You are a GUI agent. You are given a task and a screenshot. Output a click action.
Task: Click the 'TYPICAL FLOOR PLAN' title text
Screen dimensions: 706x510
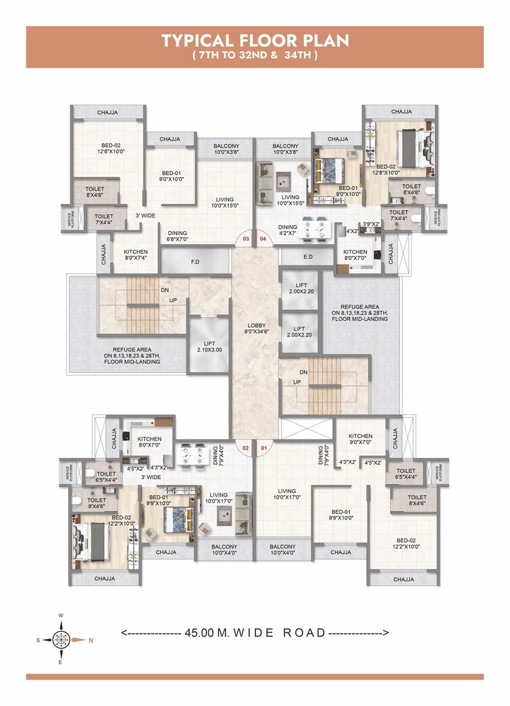[x=255, y=41]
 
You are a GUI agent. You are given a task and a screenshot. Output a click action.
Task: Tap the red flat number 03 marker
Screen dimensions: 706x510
[x=247, y=238]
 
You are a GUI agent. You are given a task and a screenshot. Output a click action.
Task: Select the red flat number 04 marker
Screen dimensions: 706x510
[x=263, y=238]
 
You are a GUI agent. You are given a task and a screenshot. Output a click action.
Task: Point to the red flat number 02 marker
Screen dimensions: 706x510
[x=247, y=447]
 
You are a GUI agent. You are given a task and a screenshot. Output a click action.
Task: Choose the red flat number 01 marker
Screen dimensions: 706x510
[x=263, y=447]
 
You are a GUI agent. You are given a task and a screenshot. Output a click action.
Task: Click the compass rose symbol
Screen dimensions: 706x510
[x=61, y=638]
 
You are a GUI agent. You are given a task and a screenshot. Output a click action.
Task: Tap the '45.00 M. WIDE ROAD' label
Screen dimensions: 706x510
[x=255, y=633]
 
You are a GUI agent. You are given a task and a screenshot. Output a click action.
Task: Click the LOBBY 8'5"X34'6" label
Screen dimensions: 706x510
[x=256, y=328]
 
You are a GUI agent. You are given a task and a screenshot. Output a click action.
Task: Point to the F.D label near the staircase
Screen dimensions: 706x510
[x=195, y=261]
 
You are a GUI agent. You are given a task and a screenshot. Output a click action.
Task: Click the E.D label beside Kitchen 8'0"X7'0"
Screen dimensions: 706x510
[x=309, y=257]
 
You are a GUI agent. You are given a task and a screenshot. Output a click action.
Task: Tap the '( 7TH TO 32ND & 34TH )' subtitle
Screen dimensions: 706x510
[x=255, y=56]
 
